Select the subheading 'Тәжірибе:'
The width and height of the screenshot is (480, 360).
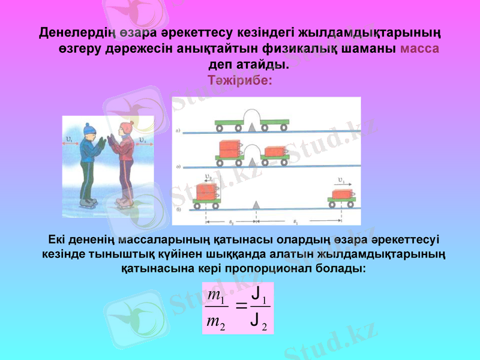click(240, 80)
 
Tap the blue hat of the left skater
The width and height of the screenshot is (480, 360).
click(89, 129)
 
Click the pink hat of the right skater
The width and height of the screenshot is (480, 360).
click(125, 128)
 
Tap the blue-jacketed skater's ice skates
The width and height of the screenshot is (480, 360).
click(89, 203)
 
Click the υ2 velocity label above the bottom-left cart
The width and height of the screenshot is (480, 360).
click(209, 178)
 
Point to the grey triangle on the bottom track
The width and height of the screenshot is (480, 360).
click(256, 205)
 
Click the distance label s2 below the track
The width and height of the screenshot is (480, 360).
click(230, 220)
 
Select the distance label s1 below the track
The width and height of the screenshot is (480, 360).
click(296, 220)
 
